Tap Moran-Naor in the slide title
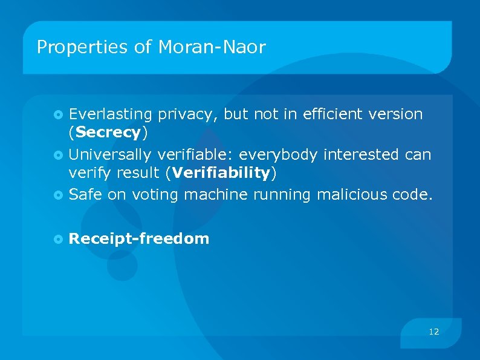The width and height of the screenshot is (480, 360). pyautogui.click(x=212, y=47)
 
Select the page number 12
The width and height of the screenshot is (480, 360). pyautogui.click(x=433, y=332)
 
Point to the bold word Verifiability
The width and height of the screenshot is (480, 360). pyautogui.click(x=221, y=173)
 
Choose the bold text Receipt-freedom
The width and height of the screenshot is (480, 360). pyautogui.click(x=139, y=238)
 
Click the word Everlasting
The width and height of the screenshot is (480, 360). pyautogui.click(x=110, y=114)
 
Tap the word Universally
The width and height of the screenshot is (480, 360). pyautogui.click(x=109, y=155)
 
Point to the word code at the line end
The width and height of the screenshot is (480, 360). pyautogui.click(x=414, y=194)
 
